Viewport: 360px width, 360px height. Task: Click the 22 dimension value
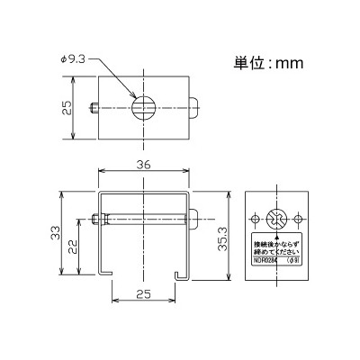click(78, 244)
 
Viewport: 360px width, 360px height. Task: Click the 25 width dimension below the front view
click(143, 293)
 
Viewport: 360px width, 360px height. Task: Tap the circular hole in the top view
click(143, 109)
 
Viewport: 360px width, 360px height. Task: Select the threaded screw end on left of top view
click(94, 109)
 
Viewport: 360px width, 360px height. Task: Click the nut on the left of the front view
click(94, 219)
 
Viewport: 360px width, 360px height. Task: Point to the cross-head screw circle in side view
click(276, 218)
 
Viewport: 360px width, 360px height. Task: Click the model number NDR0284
click(265, 262)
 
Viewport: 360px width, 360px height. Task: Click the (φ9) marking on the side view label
click(292, 262)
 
